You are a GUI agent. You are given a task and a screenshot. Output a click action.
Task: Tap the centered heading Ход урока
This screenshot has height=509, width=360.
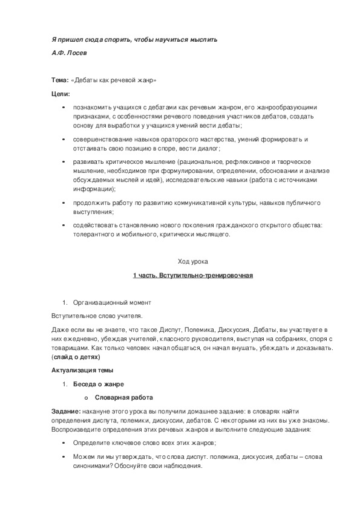(192, 262)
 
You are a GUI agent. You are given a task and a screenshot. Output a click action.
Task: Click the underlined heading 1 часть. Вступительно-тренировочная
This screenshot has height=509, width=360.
(192, 276)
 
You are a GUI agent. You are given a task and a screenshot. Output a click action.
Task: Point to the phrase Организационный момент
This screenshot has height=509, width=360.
(112, 302)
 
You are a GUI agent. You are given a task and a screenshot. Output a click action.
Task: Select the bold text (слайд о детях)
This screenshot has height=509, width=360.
(76, 357)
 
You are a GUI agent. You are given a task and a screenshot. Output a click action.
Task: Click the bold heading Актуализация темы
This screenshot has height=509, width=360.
(82, 371)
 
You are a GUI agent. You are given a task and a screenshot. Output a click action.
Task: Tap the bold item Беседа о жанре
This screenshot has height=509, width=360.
(98, 384)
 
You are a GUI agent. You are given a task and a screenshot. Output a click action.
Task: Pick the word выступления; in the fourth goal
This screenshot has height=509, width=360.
(93, 212)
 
